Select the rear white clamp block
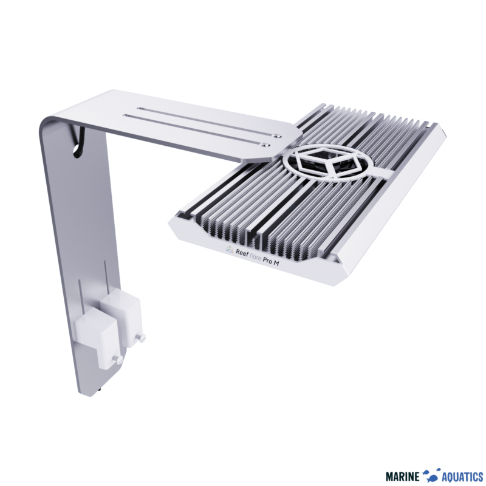click(121, 312)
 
